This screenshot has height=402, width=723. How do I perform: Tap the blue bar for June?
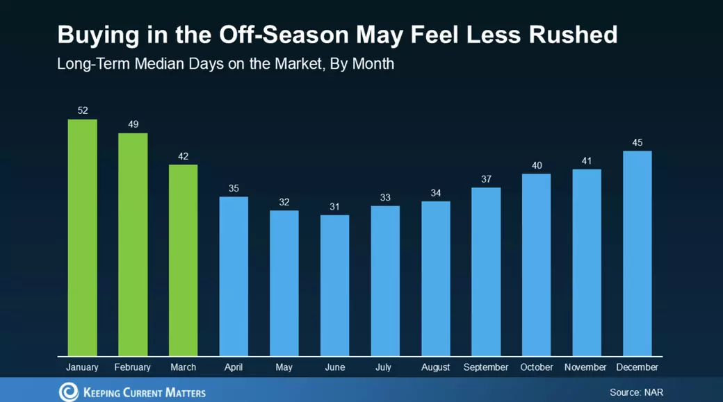pos(334,285)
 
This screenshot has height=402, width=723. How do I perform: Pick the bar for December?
pos(637,253)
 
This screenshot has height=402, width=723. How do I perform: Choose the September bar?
pos(486,271)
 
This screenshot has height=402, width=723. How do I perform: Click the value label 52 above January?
pos(83,110)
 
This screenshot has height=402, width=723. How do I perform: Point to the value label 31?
pos(334,206)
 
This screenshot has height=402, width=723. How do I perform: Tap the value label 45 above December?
pos(637,142)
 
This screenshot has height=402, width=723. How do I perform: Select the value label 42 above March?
pos(184,156)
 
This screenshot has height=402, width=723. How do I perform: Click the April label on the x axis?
pos(234,367)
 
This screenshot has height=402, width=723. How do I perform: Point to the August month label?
pos(435,367)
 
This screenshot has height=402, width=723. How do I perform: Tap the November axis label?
pos(585,367)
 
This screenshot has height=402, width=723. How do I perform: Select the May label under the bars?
pos(284,367)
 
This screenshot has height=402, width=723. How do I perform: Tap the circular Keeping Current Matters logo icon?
pos(69,391)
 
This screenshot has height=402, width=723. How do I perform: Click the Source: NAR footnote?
pos(636,392)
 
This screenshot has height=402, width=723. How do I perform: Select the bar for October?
pos(536,265)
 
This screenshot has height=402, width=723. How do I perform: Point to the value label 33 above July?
pos(385,198)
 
